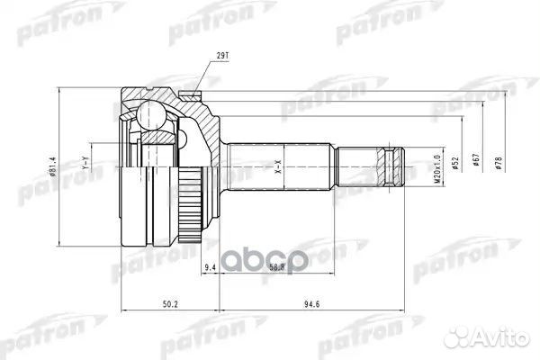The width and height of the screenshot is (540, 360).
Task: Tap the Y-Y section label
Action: (x=85, y=166)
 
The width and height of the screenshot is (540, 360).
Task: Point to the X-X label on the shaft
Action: (x=276, y=169)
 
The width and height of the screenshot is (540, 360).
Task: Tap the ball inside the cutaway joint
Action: (x=151, y=114)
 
